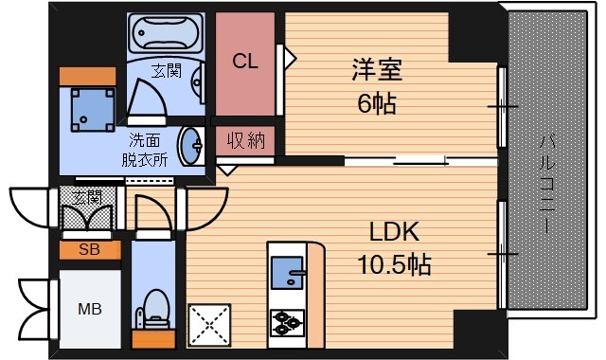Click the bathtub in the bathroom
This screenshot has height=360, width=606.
[166, 33]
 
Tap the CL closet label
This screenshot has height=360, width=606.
[245, 61]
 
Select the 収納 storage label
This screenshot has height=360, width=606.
[246, 140]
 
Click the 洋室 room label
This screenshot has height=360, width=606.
[377, 69]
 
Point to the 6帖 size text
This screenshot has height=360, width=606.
[377, 103]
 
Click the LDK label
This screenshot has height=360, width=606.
[394, 231]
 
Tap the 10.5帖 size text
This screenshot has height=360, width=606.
[394, 264]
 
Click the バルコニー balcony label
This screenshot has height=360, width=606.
[547, 185]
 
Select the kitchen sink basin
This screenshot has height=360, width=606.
[288, 273]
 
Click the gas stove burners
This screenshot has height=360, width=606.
[287, 323]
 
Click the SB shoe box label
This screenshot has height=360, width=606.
[89, 250]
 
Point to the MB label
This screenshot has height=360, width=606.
[90, 309]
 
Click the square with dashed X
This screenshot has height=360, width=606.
[209, 325]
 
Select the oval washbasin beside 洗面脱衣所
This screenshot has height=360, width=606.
[190, 146]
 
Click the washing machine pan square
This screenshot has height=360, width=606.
[93, 110]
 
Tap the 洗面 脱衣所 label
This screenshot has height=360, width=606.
[145, 150]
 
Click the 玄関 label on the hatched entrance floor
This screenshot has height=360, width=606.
[87, 197]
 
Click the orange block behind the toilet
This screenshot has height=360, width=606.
[153, 339]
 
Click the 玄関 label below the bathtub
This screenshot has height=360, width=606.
[167, 71]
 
